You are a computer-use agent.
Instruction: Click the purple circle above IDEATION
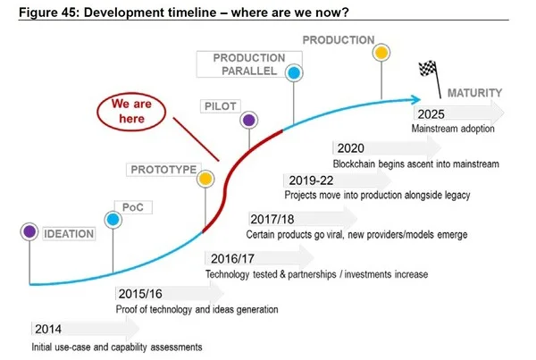(x=30, y=231)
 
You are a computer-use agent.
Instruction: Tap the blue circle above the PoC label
(x=113, y=219)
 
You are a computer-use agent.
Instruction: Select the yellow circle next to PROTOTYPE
(x=205, y=179)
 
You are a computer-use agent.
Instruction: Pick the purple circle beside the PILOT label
(x=249, y=119)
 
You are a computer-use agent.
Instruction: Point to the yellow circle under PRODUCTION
(x=381, y=54)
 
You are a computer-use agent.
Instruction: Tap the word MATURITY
(x=473, y=92)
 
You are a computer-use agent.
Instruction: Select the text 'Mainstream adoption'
(x=453, y=130)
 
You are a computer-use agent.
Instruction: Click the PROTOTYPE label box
(x=163, y=169)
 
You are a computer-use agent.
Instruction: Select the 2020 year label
(x=348, y=148)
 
